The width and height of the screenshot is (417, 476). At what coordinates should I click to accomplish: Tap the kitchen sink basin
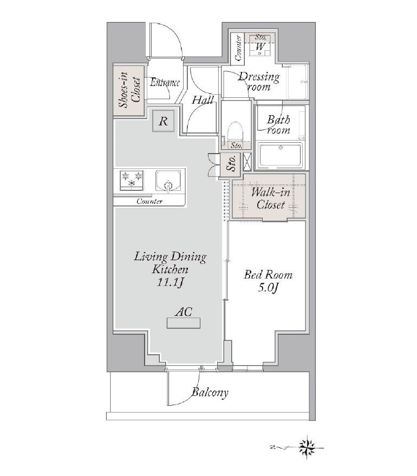(x=168, y=181)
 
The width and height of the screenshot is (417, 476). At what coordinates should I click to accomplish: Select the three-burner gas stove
(x=132, y=180)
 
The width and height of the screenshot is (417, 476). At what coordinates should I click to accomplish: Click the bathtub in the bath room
(x=280, y=155)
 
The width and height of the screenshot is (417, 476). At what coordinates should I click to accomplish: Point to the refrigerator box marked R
(x=164, y=121)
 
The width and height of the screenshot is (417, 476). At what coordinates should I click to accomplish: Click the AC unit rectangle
(x=184, y=323)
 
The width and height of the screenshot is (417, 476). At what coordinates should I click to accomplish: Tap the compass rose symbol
(x=307, y=447)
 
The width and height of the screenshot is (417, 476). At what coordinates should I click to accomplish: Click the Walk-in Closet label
(x=270, y=199)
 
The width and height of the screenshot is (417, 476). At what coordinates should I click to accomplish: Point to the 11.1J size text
(x=170, y=282)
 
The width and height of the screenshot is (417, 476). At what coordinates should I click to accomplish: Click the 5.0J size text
(x=268, y=287)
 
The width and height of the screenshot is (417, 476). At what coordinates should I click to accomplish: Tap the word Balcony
(x=210, y=392)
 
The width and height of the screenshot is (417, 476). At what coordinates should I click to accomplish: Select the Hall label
(x=203, y=100)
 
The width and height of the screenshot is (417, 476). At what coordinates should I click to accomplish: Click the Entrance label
(x=165, y=82)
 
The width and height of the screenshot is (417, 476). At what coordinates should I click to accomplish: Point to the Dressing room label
(x=259, y=81)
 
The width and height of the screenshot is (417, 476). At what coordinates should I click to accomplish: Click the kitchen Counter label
(x=149, y=201)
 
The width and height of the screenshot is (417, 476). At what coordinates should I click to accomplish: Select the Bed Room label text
(x=268, y=275)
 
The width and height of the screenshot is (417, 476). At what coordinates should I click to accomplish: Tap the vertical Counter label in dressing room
(x=238, y=48)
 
